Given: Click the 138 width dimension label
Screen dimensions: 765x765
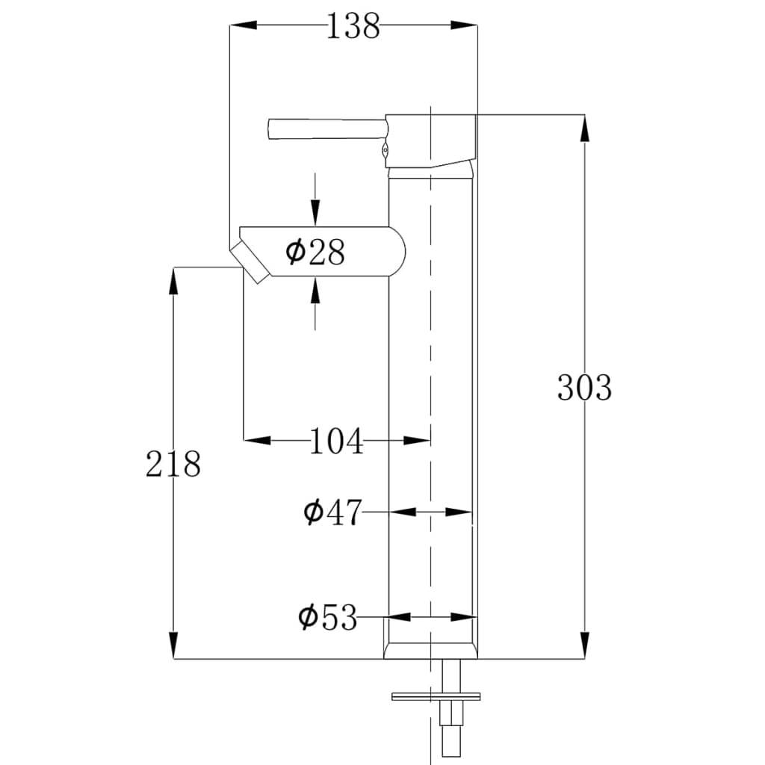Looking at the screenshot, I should click(x=353, y=27).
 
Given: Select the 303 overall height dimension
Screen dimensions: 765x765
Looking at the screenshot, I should click(x=584, y=388).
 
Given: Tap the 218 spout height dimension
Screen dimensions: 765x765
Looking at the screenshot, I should click(x=173, y=464).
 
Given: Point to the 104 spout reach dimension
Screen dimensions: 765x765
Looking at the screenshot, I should click(x=336, y=442).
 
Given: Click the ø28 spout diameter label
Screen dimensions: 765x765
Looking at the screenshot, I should click(x=315, y=253).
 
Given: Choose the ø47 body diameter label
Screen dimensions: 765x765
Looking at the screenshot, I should click(x=332, y=512).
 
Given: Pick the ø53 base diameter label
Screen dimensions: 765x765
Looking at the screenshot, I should click(x=328, y=618).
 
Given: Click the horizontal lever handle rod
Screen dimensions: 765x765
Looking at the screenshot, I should click(x=326, y=128).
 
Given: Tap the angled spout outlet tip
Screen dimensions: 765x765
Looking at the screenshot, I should click(x=251, y=263).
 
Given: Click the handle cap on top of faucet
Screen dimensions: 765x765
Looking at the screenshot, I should click(x=432, y=140).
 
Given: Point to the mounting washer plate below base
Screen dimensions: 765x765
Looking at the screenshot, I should click(x=436, y=698).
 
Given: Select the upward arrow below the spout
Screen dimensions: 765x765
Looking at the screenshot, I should click(x=315, y=290).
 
